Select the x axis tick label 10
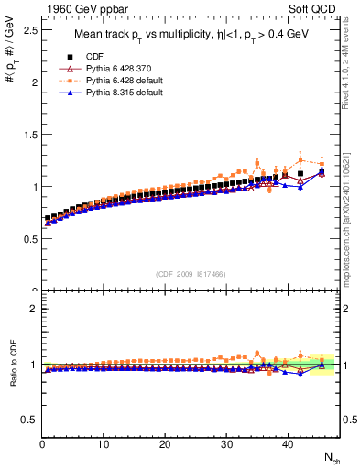coord(104,444)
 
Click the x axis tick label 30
coord(226,444)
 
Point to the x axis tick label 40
coord(287,444)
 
